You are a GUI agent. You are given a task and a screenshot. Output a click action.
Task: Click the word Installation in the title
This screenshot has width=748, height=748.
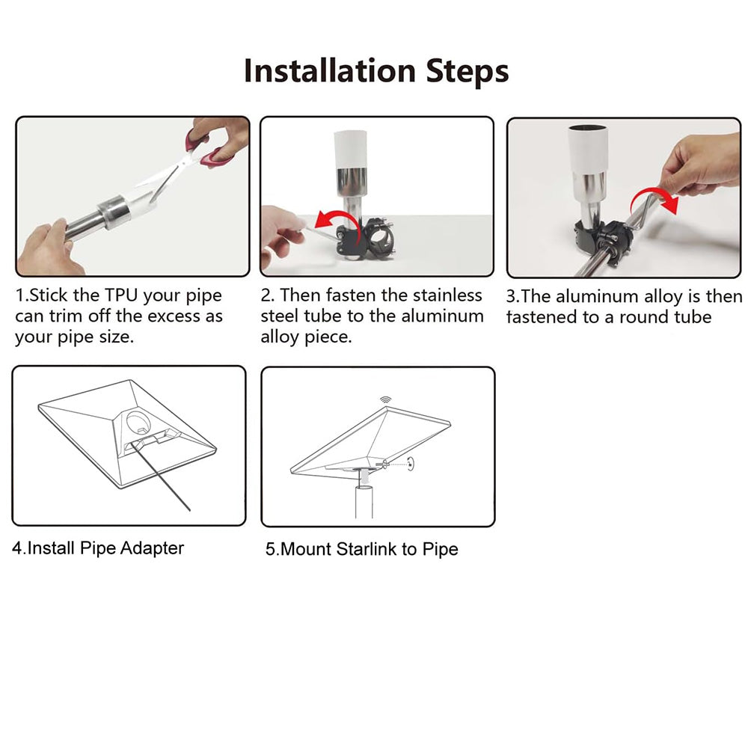click(x=330, y=71)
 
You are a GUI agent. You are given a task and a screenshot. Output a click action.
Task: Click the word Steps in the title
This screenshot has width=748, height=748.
click(x=467, y=73)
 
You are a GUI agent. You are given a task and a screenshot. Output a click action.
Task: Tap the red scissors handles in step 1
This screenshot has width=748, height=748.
click(x=206, y=147)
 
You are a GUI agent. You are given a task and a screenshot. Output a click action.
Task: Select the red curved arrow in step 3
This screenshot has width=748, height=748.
click(x=654, y=200)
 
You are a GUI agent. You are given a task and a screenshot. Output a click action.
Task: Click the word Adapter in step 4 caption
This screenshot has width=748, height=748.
click(x=152, y=548)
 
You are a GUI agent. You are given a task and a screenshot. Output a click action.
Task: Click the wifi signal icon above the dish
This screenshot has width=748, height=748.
click(x=385, y=399)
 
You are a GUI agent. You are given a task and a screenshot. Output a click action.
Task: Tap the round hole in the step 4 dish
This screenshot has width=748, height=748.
click(x=138, y=420)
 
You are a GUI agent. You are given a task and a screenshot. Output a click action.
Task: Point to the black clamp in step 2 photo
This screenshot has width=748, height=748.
click(x=366, y=239)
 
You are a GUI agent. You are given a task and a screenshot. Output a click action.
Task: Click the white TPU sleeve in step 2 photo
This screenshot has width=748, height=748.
click(x=351, y=150)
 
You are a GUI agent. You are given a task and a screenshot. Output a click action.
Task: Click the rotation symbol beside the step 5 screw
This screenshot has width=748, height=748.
click(x=410, y=464)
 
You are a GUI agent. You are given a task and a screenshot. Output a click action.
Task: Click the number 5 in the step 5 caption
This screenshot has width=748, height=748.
click(x=271, y=549)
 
